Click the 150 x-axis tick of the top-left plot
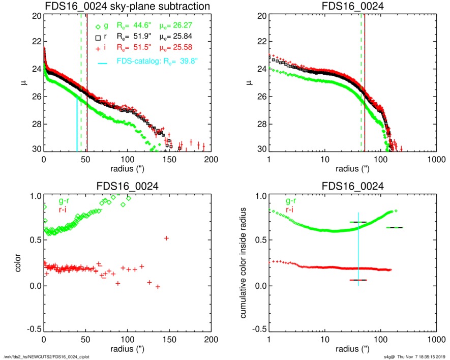pos(169,159)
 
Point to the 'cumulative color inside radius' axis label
pos(244,263)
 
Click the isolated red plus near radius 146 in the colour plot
pos(166,238)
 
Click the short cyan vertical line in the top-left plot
pos(77,125)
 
